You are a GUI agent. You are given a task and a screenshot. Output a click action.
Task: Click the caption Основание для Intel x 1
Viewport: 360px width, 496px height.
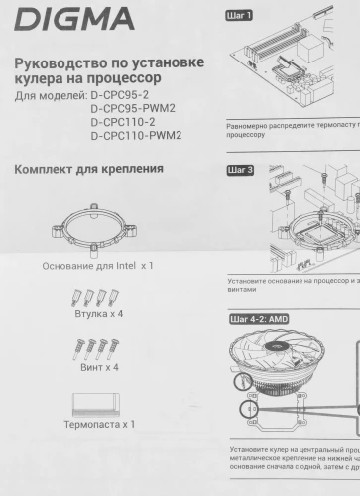pyautogui.click(x=97, y=266)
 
